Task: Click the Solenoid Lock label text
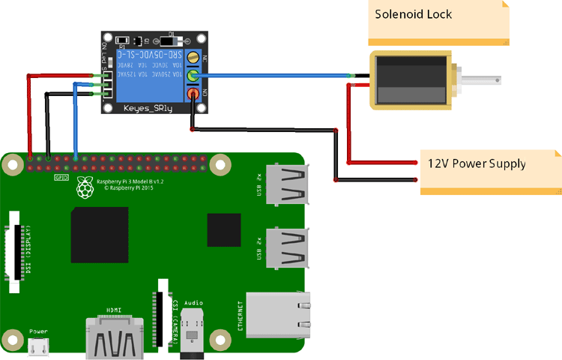tap(414, 14)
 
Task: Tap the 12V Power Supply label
tap(477, 163)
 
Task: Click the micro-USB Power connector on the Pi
tap(38, 346)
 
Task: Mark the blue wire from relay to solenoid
tap(277, 75)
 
